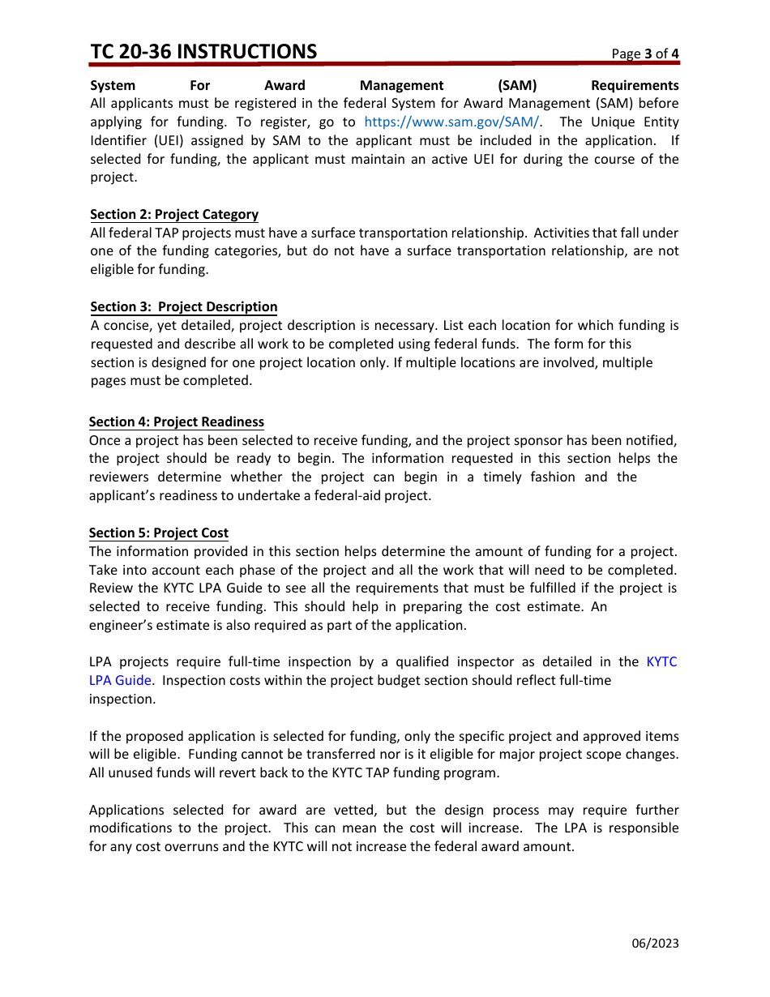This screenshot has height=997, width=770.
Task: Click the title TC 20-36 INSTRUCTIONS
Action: tap(203, 51)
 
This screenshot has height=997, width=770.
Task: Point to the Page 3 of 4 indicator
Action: tap(645, 54)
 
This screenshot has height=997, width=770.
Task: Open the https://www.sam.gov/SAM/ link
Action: tap(451, 122)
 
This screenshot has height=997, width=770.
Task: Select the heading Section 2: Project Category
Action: tap(174, 214)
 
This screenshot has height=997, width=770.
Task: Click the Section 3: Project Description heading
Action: tap(183, 306)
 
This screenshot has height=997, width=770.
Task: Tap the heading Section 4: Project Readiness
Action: tap(176, 421)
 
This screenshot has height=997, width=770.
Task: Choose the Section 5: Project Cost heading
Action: tap(159, 533)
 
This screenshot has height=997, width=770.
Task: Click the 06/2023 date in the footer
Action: tap(656, 943)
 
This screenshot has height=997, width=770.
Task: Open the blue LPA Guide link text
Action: tap(120, 680)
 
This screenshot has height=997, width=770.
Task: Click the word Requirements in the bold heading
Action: tap(635, 85)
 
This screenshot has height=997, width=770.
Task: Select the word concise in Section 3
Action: tap(126, 325)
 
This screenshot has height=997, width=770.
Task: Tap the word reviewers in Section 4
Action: tap(118, 477)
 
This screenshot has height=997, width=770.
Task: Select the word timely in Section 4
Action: tap(503, 477)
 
